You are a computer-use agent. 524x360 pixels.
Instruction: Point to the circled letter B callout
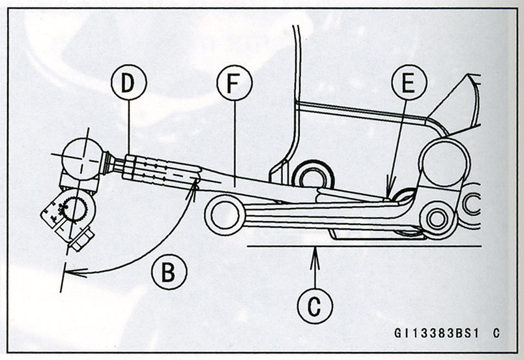[x=169, y=272]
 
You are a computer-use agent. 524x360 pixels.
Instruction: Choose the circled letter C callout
[x=315, y=303]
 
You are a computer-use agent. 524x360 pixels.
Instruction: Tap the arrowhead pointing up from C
[x=315, y=251]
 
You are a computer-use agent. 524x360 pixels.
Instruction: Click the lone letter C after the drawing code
[x=496, y=333]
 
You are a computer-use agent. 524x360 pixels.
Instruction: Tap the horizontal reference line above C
[x=365, y=246]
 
